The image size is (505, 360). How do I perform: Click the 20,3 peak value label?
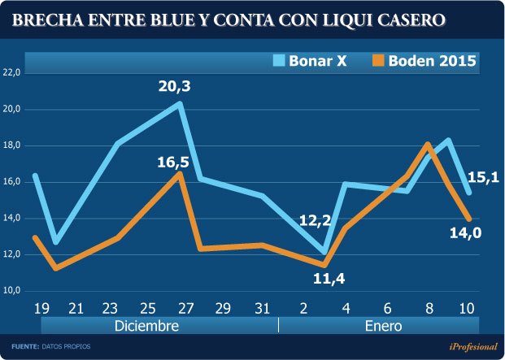(x=176, y=84)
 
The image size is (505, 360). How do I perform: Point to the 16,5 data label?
(x=173, y=162)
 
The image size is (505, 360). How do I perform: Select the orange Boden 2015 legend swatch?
(x=377, y=60)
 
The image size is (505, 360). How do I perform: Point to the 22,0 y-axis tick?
(x=12, y=72)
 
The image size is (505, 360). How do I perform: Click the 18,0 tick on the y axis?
(x=12, y=145)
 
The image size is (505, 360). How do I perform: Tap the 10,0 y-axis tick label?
(x=12, y=290)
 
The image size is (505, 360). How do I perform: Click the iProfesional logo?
(x=474, y=347)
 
